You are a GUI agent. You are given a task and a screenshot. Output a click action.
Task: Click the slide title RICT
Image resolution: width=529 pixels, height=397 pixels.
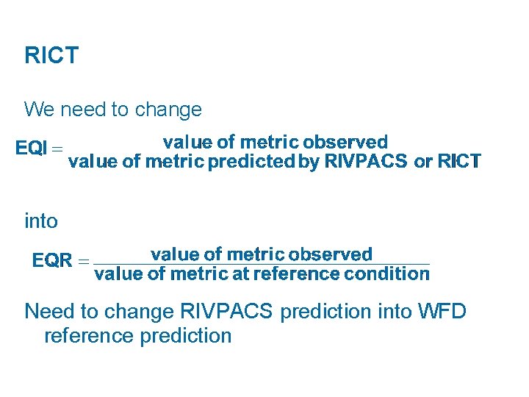tap(51, 56)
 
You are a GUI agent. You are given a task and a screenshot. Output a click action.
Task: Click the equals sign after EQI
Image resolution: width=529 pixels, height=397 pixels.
tap(57, 149)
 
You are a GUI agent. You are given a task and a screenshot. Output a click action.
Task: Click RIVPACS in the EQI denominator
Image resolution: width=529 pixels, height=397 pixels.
tap(354, 162)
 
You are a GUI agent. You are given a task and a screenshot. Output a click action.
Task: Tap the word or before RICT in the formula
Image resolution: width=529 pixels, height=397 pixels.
tap(423, 162)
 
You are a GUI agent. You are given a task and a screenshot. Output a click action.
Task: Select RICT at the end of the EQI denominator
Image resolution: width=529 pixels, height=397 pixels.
tap(459, 162)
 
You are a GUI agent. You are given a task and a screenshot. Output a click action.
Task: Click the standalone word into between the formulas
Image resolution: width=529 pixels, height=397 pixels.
tap(40, 220)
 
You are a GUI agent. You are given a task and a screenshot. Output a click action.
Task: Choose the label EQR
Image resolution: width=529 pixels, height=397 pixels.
tap(52, 260)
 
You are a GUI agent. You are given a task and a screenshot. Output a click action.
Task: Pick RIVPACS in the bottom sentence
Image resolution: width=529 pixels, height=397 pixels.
tap(223, 312)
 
